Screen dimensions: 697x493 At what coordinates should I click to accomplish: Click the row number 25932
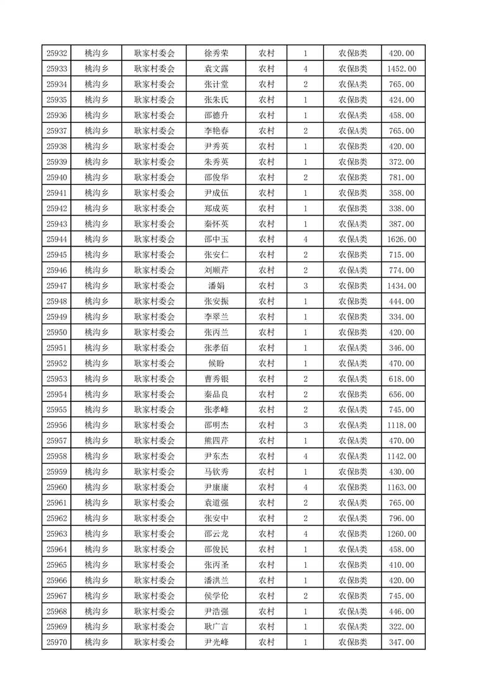click(57, 53)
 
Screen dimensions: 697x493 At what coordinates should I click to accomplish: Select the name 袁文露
click(216, 69)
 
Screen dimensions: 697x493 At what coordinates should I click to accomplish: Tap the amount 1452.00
click(402, 69)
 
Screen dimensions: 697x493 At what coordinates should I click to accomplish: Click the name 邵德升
click(216, 116)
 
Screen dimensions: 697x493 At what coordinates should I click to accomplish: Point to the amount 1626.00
click(402, 239)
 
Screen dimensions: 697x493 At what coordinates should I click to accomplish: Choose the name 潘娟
click(216, 286)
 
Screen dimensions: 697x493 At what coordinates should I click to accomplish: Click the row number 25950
click(57, 332)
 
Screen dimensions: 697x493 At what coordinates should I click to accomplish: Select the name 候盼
click(216, 363)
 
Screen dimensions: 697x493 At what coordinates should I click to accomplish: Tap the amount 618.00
click(402, 379)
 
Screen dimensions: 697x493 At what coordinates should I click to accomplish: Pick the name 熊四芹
click(216, 441)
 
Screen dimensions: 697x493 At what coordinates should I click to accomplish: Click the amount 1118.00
click(402, 426)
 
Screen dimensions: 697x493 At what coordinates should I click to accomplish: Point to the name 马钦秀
click(216, 472)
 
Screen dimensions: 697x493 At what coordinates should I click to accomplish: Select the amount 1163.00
click(402, 488)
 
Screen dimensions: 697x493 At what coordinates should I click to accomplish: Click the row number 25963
click(57, 534)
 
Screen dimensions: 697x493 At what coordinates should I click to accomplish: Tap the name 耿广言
click(216, 627)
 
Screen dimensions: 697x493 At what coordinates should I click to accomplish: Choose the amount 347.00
click(402, 642)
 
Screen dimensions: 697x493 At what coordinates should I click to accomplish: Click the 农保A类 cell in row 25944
click(352, 239)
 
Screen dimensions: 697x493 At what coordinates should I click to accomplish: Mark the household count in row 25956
click(305, 426)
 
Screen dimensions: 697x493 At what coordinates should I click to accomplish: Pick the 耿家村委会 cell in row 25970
click(155, 642)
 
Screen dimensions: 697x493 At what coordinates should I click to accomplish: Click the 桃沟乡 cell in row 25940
click(96, 178)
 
